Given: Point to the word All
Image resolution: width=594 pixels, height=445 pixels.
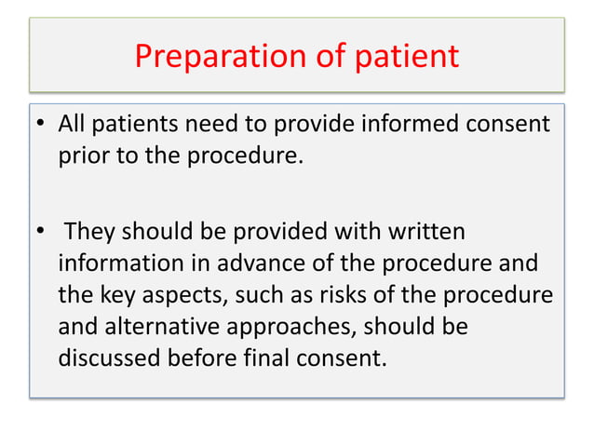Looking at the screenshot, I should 72,124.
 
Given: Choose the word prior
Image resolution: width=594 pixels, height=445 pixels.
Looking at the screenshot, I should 80,155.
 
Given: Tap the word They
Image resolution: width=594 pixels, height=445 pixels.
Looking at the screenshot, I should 91,229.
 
